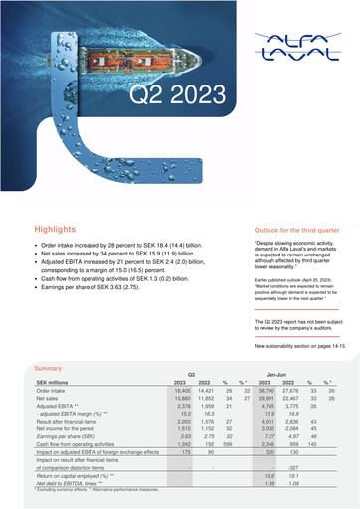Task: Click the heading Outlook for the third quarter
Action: pos(297,229)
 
